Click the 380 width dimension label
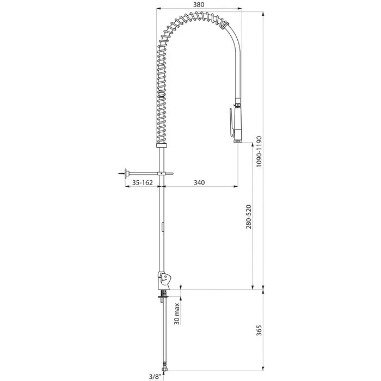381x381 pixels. coord(199,4)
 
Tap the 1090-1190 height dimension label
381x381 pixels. coord(259,151)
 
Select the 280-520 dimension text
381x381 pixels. coord(249,217)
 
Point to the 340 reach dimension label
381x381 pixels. coord(199,182)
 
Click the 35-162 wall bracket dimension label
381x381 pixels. coord(143,182)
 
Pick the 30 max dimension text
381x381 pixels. coord(177,314)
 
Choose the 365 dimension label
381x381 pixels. coord(259,330)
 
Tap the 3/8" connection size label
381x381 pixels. coord(155,377)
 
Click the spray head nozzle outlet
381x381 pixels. coord(238,140)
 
